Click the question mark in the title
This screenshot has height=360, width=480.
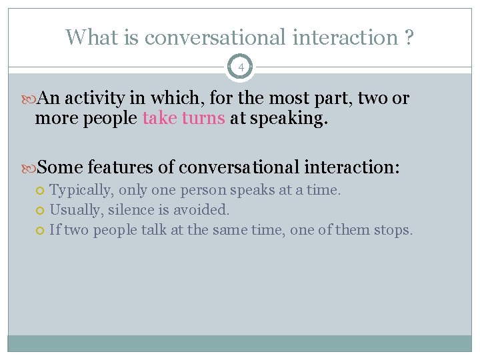coord(408,37)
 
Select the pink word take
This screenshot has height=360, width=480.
coord(159,119)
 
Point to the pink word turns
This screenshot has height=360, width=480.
coord(202,119)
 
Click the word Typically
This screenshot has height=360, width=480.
coord(81,190)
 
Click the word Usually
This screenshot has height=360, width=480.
coord(73,210)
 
